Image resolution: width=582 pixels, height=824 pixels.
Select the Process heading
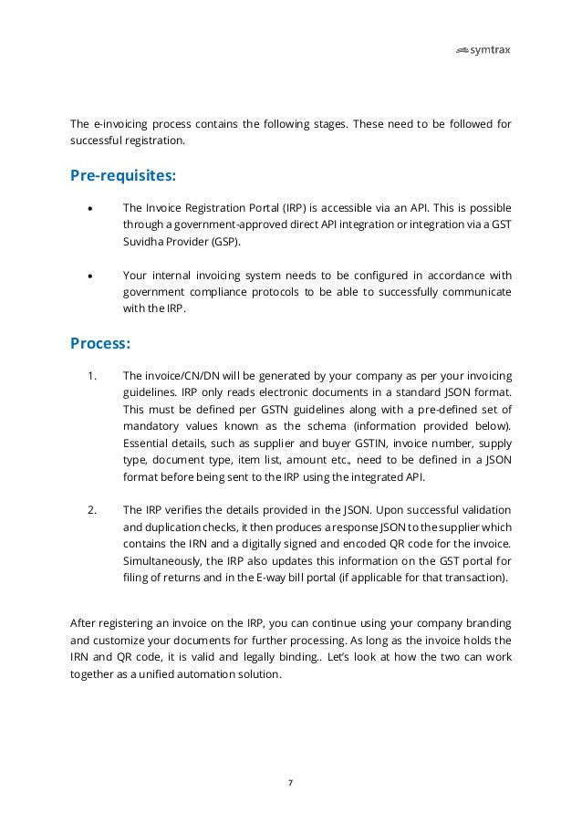(100, 344)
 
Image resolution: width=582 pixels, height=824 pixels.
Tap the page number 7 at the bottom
(291, 782)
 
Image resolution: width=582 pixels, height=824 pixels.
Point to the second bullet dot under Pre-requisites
(89, 276)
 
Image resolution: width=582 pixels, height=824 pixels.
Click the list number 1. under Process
(92, 376)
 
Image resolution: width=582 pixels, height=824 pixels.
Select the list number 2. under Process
(92, 508)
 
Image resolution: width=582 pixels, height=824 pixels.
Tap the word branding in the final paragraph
(489, 623)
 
